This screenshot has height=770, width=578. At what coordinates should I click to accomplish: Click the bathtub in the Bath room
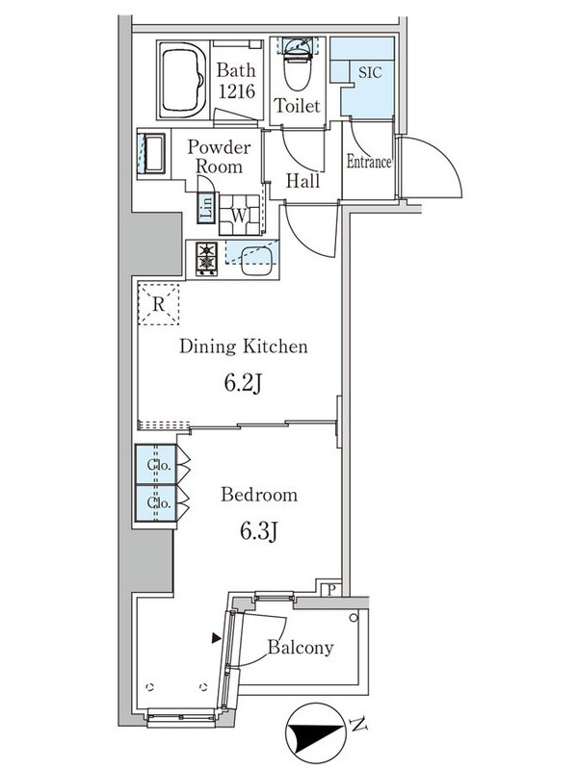(180, 80)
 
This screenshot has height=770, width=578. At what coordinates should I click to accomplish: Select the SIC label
(368, 72)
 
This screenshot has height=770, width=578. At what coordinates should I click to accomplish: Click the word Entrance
(369, 162)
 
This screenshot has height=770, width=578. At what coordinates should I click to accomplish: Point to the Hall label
(302, 180)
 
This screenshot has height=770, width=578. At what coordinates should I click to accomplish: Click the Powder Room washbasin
(152, 155)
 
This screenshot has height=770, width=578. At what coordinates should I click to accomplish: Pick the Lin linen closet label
(205, 206)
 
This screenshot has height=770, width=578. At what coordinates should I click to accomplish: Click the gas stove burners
(206, 257)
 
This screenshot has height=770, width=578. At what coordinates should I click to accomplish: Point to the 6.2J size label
(244, 382)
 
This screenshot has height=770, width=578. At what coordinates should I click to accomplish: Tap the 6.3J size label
(258, 530)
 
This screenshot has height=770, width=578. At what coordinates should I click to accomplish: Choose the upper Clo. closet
(158, 467)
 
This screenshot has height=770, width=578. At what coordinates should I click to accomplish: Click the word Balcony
(301, 648)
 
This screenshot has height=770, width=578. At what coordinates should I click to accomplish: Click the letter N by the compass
(357, 725)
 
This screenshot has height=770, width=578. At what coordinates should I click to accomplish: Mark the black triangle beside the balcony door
(215, 637)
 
